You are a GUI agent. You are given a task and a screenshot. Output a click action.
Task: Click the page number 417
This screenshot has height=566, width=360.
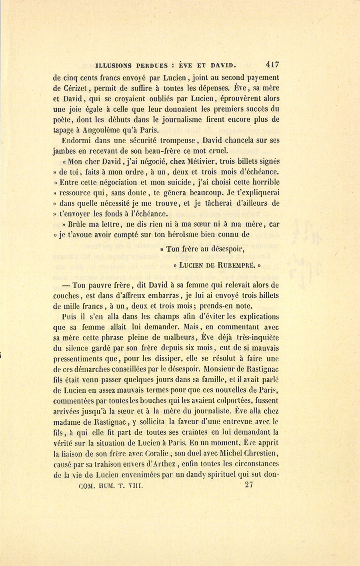(271, 64)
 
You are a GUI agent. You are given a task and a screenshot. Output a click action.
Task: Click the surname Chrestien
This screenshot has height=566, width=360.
(258, 454)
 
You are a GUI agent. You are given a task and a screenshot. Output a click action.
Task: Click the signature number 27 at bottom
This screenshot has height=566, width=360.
(248, 486)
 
